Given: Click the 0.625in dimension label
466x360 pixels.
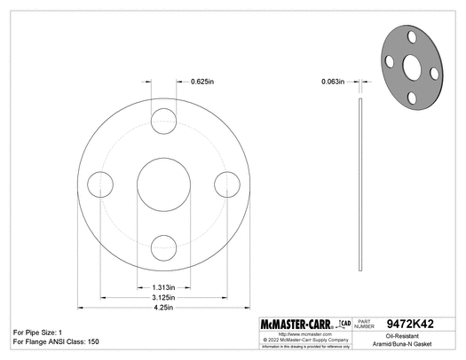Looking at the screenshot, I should point(203,82).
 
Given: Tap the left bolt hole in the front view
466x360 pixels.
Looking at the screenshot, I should point(99,184).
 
